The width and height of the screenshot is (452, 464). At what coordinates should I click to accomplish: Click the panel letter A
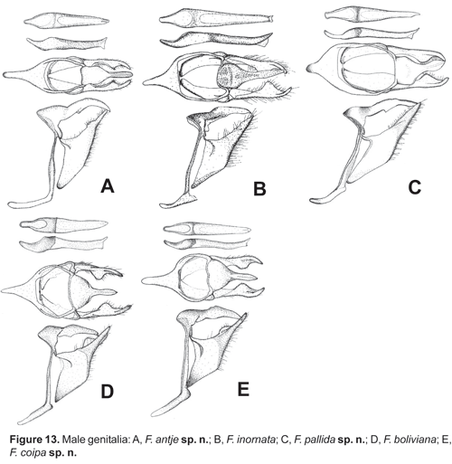tap(108, 185)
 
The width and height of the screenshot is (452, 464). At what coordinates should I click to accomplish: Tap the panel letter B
tap(259, 189)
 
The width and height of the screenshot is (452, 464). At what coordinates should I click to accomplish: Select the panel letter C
tap(414, 186)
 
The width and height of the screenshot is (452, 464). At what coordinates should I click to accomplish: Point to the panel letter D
tap(108, 392)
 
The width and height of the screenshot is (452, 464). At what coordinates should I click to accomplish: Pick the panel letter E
tap(243, 389)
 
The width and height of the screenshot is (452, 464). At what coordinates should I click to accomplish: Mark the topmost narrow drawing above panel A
tap(67, 21)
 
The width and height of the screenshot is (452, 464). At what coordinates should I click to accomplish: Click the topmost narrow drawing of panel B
tap(216, 19)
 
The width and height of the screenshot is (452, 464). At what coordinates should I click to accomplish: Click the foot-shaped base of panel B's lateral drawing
tap(178, 201)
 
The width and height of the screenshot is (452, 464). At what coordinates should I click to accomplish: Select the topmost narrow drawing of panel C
tap(372, 14)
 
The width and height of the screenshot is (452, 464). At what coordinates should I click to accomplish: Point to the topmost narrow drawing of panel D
tap(63, 225)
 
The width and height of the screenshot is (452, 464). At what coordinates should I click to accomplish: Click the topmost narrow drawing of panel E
tap(207, 229)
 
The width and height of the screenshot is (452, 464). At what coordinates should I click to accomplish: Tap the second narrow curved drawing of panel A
tap(67, 43)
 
